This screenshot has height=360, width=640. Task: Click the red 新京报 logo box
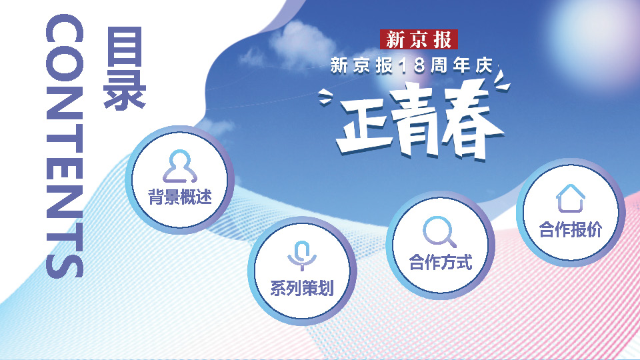419,39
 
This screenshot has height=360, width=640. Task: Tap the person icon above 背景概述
180,167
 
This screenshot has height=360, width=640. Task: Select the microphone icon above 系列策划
302,256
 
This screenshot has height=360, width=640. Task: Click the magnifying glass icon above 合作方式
439,232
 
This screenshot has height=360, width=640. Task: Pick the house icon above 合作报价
571,199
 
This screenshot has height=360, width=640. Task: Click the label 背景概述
180,197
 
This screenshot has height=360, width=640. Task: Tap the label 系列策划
302,288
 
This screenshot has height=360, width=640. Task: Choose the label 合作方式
441,262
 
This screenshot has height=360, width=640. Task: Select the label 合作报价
571,229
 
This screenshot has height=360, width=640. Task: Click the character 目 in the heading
125,46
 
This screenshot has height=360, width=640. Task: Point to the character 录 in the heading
125,90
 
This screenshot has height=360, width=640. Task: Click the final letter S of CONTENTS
65,261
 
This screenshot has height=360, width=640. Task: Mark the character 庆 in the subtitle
484,66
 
